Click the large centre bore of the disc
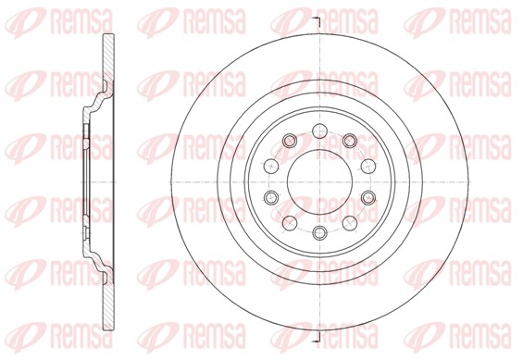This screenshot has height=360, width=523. click(x=318, y=180)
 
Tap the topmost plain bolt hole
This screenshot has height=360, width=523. click(x=318, y=129)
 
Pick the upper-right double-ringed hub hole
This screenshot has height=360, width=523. click(x=351, y=141)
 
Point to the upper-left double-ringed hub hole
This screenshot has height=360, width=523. click(x=287, y=141)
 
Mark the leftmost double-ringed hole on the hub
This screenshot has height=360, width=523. click(x=270, y=198)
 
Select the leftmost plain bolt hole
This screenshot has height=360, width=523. click(x=269, y=164)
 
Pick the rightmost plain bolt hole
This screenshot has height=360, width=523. click(x=367, y=164)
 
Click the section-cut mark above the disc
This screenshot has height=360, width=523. click(x=316, y=20)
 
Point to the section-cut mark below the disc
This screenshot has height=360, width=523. click(x=316, y=340)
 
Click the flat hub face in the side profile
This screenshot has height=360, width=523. click(x=73, y=180)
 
